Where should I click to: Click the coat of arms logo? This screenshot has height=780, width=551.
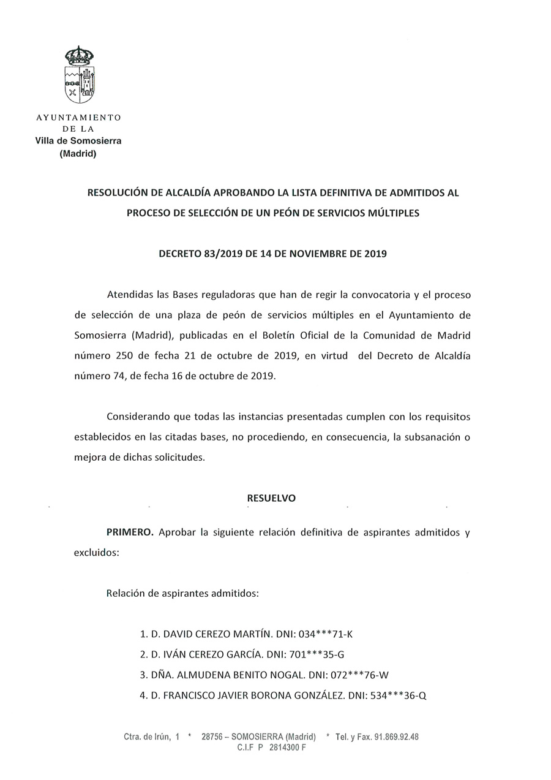point(80,75)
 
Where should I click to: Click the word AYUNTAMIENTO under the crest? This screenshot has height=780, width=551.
point(79,117)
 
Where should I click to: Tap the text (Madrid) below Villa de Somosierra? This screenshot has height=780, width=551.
point(78,154)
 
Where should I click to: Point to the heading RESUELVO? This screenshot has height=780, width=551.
point(271,498)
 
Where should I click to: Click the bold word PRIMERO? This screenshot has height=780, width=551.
point(130,532)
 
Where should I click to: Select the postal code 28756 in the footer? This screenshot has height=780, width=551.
point(212,737)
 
